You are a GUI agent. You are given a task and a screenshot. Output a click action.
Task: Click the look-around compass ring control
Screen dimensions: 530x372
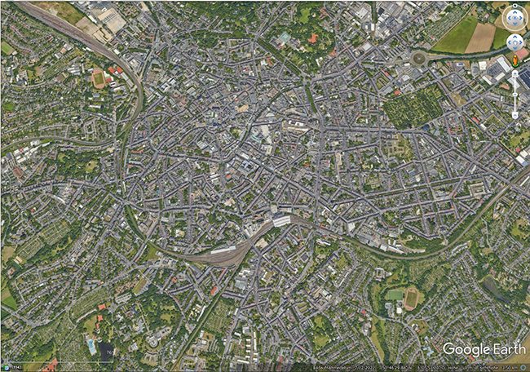[x=515, y=17]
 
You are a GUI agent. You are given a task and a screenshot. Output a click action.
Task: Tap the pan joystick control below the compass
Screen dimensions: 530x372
[x=515, y=42]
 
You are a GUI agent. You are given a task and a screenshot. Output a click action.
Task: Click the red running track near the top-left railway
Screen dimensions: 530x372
[x=99, y=79]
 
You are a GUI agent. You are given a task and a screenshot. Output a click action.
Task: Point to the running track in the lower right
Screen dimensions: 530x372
[x=412, y=298]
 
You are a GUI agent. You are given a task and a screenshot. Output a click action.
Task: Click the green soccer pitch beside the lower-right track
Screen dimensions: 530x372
[x=395, y=294]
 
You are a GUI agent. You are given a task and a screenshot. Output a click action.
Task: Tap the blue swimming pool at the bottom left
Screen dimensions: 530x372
[x=91, y=347]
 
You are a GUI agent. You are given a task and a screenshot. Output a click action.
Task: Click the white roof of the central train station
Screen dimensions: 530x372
[x=281, y=221]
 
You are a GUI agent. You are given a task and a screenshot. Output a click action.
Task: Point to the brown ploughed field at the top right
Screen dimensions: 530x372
[x=480, y=38]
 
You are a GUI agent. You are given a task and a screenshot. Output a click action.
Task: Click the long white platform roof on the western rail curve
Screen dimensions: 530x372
[x=222, y=249]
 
